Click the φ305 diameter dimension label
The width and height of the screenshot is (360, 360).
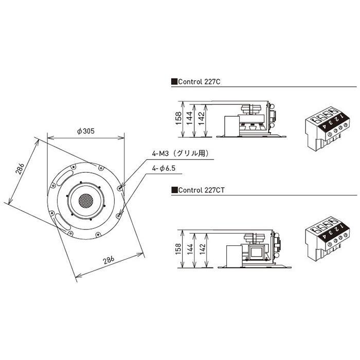(85, 131)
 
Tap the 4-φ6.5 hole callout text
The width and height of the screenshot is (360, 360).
(165, 168)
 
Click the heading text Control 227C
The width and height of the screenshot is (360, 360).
(200, 81)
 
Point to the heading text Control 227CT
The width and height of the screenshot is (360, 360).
(201, 190)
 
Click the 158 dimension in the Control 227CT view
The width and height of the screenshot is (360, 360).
(178, 249)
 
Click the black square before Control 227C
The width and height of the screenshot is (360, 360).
(174, 81)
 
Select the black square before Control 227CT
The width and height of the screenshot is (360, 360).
(174, 190)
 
